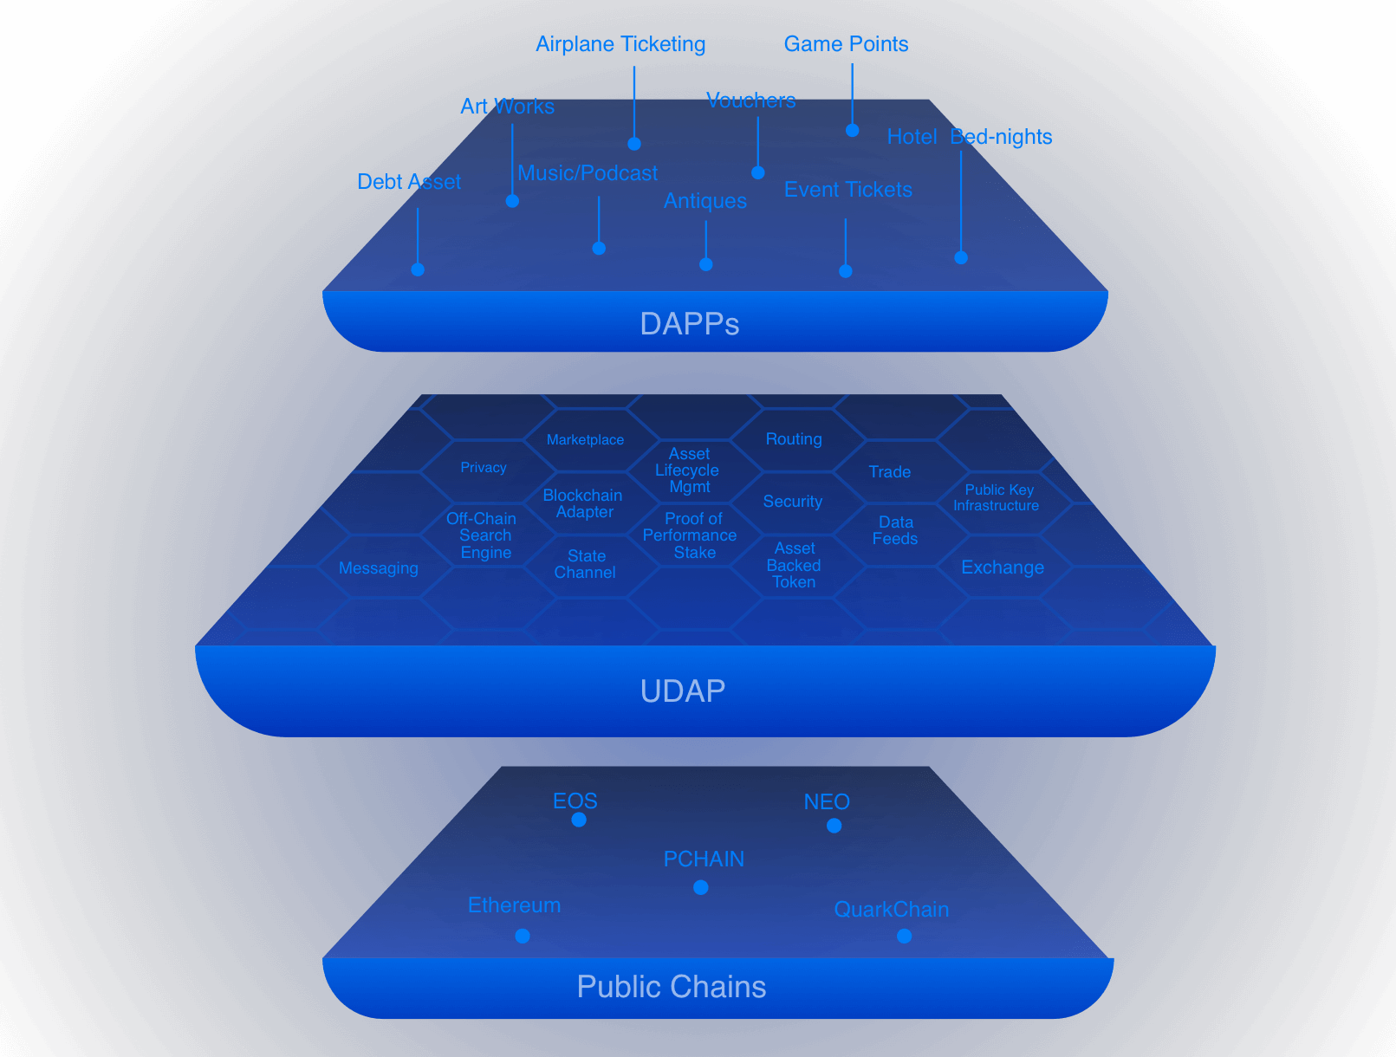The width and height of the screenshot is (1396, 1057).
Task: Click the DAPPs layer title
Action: pos(689,324)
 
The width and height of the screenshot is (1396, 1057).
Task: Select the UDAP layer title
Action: pos(683,691)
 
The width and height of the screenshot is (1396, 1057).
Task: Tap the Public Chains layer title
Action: pos(672,987)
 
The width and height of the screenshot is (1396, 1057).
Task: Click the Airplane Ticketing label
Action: pos(620,44)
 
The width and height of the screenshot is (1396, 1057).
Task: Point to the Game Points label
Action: pos(846,44)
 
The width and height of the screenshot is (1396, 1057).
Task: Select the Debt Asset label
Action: pos(409,182)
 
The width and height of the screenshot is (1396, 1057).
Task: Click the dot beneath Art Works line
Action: pos(512,201)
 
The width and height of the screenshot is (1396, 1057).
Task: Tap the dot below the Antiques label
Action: pos(706,264)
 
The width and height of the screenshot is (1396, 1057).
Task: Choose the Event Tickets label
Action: pos(847,190)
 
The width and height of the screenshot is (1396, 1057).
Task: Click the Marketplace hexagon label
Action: pos(585,440)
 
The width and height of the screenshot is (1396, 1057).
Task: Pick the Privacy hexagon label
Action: pos(484,468)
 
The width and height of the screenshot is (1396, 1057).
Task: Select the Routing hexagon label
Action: pos(794,439)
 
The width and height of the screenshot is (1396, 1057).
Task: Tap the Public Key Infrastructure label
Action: pos(997,497)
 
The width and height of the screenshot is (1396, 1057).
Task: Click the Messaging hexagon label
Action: pos(379,568)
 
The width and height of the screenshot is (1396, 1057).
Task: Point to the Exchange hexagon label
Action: pos(1003,567)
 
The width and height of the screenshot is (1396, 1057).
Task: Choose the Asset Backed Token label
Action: pos(794,565)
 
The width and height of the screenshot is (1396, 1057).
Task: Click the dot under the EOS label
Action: pos(579,820)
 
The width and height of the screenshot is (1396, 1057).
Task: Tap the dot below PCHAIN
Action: pos(701,887)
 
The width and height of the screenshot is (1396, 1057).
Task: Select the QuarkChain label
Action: pos(891,910)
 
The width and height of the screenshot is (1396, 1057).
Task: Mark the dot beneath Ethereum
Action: pos(523,936)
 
